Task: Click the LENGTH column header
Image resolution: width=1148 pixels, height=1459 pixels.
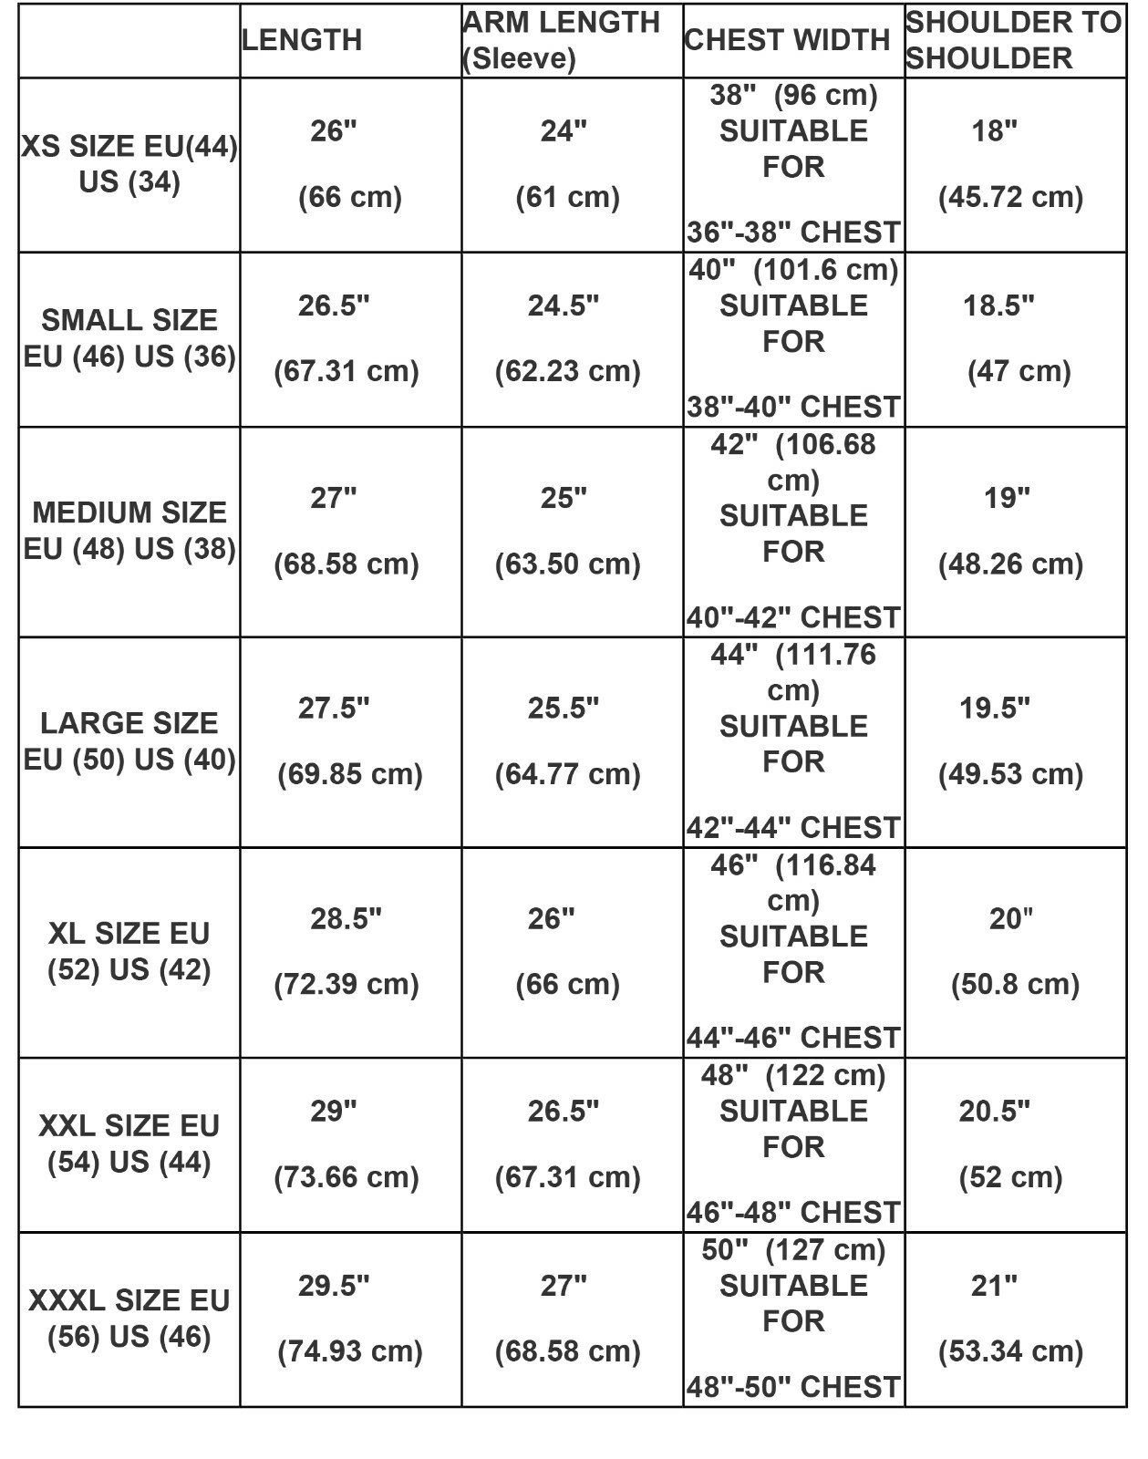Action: tap(302, 40)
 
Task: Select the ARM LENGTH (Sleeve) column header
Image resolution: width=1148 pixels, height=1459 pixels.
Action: tap(561, 40)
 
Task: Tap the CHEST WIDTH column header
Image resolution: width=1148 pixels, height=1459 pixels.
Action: tap(786, 40)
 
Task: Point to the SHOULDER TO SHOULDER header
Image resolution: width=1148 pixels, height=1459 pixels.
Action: tap(1013, 40)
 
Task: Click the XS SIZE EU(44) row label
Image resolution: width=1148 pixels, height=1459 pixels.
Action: tap(129, 164)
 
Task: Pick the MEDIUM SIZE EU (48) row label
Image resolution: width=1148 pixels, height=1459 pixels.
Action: tap(129, 531)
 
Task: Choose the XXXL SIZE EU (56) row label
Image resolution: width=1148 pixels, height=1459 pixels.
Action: tap(129, 1318)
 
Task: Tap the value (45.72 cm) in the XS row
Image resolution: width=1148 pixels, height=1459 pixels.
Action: tap(1010, 197)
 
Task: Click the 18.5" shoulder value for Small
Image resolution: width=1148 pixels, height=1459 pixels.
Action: tap(998, 305)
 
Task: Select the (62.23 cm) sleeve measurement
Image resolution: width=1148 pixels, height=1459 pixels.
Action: tap(567, 371)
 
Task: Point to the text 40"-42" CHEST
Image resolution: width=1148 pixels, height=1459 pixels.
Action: tap(793, 617)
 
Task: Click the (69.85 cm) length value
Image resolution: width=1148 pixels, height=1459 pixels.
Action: tap(349, 774)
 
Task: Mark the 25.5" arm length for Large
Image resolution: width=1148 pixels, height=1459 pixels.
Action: tap(564, 708)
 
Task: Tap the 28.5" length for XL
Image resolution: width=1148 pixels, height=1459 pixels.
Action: tap(346, 918)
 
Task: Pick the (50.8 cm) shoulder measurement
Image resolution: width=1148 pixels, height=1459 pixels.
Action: tap(1014, 984)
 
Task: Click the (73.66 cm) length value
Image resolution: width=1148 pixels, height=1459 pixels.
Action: tap(346, 1176)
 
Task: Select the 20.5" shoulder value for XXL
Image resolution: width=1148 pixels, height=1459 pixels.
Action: tap(994, 1111)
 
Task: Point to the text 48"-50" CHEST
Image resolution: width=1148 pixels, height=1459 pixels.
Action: tap(793, 1387)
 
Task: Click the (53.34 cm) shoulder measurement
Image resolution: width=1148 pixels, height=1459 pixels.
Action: tap(1010, 1350)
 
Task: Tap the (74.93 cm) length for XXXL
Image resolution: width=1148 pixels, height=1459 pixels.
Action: tap(349, 1350)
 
